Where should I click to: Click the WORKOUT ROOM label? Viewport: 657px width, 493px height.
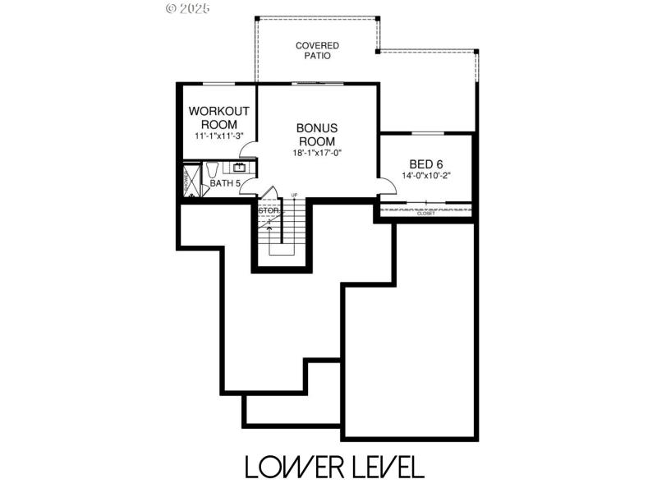click(x=218, y=117)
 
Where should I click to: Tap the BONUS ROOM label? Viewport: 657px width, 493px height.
click(x=317, y=135)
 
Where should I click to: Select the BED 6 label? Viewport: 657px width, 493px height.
click(x=427, y=164)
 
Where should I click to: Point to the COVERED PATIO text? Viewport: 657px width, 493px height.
click(x=318, y=51)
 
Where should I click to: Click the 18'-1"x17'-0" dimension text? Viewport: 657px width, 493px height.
click(x=317, y=153)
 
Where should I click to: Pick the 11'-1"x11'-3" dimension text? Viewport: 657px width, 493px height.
click(x=218, y=136)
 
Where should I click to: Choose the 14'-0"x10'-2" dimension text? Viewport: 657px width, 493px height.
click(x=427, y=176)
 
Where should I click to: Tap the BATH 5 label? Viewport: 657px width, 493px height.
click(x=224, y=183)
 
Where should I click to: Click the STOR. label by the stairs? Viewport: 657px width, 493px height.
click(x=269, y=210)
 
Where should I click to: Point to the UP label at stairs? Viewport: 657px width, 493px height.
click(x=294, y=195)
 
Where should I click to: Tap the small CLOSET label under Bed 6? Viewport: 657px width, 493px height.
click(x=426, y=214)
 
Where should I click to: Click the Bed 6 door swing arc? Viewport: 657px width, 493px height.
click(x=384, y=186)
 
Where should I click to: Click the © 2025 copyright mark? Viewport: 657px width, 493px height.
click(x=189, y=9)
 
